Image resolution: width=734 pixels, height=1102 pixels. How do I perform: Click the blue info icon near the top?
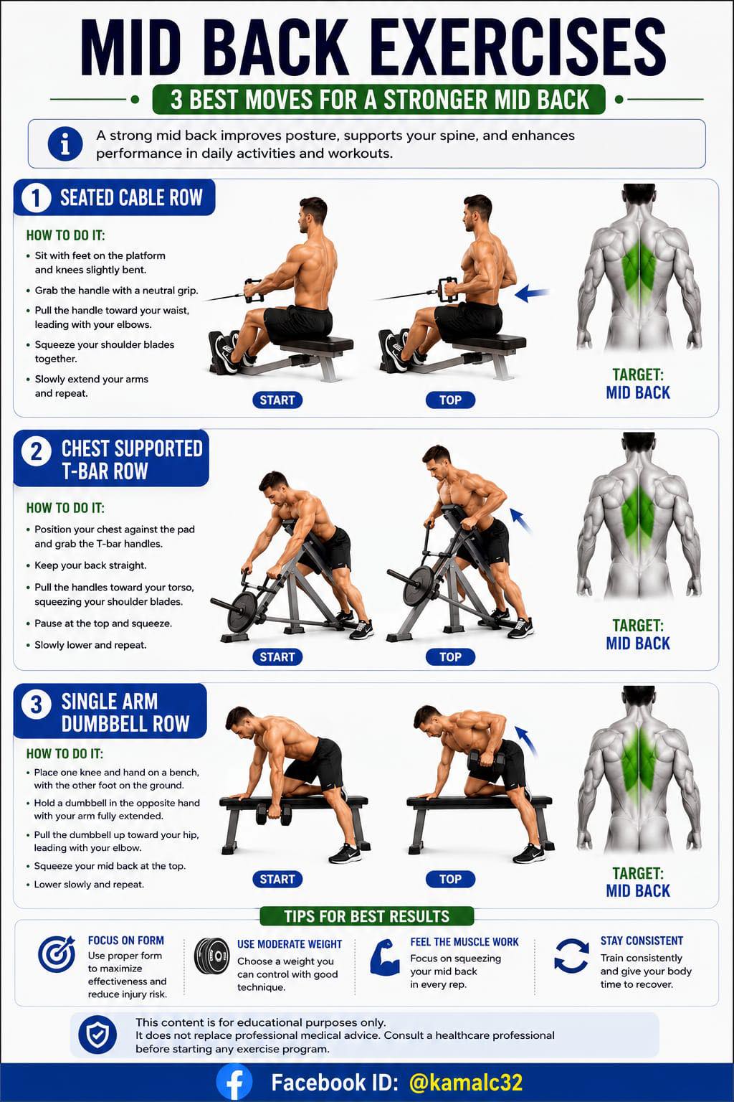click(x=65, y=144)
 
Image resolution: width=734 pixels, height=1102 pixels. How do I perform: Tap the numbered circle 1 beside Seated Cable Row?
click(x=36, y=198)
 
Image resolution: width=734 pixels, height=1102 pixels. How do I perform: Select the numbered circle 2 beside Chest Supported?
click(x=37, y=451)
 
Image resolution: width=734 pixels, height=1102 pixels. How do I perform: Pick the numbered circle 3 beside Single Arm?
click(x=37, y=704)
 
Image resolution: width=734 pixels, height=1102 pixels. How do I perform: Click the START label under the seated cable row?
click(x=277, y=400)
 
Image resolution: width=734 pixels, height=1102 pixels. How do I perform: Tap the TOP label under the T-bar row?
click(x=450, y=656)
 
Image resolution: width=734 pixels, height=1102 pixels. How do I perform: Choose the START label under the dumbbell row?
click(x=277, y=879)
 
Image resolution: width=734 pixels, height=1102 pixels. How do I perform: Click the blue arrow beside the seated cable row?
click(x=532, y=293)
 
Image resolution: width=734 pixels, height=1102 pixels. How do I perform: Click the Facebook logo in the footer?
click(x=234, y=1083)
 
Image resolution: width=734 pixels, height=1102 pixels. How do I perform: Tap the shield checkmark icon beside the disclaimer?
click(x=97, y=1035)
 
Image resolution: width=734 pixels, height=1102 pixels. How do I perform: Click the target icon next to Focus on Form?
click(x=57, y=954)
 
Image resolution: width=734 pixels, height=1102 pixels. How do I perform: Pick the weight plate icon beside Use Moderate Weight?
click(x=212, y=956)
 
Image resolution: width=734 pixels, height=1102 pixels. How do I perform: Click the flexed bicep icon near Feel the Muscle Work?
click(x=384, y=957)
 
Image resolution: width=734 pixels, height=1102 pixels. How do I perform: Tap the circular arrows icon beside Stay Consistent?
click(x=571, y=956)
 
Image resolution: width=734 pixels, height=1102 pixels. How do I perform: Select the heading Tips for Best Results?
click(x=367, y=916)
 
